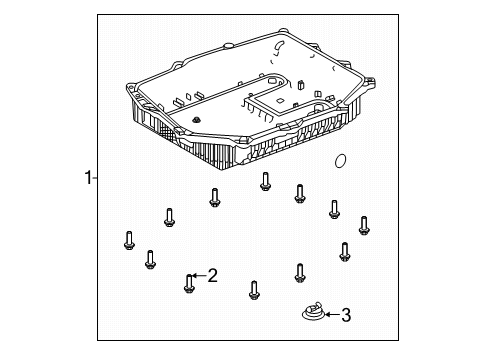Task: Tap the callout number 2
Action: coord(212,275)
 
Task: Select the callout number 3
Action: coord(346,317)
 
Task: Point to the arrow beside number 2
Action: coord(199,275)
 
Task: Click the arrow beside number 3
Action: coord(331,317)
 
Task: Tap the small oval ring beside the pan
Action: coord(340,162)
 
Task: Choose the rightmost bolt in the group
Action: coord(364,225)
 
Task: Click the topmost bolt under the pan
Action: coord(265,181)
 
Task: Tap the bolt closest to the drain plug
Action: coord(300,271)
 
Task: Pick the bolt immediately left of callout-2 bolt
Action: coord(150,259)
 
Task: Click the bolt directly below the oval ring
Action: coord(335,209)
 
